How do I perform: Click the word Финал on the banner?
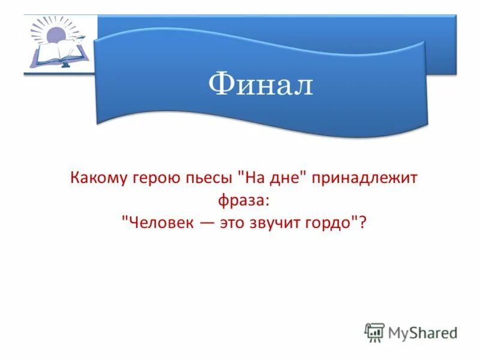point(261,85)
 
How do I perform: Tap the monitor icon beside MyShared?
point(374,332)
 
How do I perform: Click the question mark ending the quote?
point(362,221)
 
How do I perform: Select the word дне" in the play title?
point(280,178)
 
